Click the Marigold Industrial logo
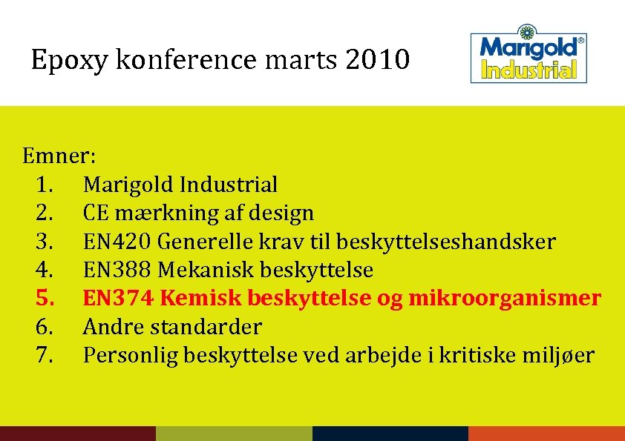pyautogui.click(x=529, y=56)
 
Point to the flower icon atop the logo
pyautogui.click(x=527, y=33)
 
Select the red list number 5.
pyautogui.click(x=44, y=298)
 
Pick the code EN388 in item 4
pyautogui.click(x=119, y=270)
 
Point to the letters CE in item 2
pyautogui.click(x=94, y=213)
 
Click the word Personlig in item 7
pyautogui.click(x=130, y=355)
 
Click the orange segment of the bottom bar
pyautogui.click(x=546, y=433)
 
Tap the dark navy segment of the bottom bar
pyautogui.click(x=390, y=433)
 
